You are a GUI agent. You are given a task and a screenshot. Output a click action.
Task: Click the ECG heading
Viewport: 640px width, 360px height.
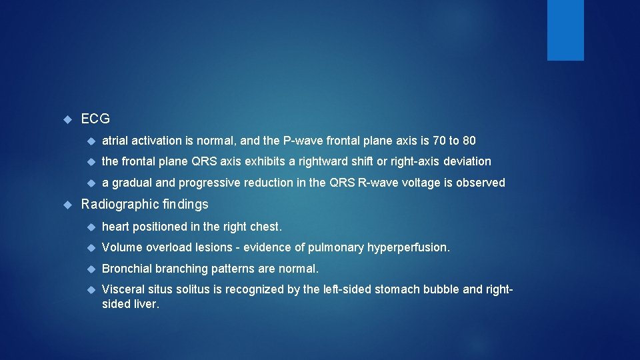(x=95, y=119)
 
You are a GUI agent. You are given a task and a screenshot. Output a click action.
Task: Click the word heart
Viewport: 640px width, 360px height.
(x=116, y=227)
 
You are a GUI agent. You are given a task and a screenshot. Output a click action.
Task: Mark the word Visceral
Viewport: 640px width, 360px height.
(x=123, y=289)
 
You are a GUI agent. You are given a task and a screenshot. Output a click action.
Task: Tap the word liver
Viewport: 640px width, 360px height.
(x=146, y=305)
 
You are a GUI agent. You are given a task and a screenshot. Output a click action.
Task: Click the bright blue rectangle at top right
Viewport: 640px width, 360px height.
(x=565, y=30)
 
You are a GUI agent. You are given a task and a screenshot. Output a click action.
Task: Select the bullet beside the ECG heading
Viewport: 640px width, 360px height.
(x=67, y=120)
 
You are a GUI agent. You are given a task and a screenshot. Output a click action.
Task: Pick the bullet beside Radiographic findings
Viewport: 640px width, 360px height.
(x=67, y=205)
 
